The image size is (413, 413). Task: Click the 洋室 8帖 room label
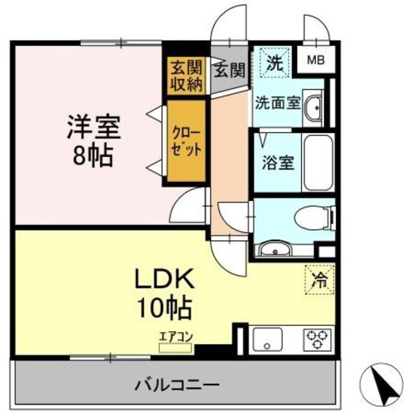point(94,139)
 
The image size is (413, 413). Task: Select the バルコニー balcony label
point(177,385)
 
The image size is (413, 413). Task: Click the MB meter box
point(316,61)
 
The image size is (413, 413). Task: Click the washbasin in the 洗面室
point(314,106)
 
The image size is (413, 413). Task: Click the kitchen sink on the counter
point(267,339)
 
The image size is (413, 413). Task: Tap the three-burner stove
point(316,339)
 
